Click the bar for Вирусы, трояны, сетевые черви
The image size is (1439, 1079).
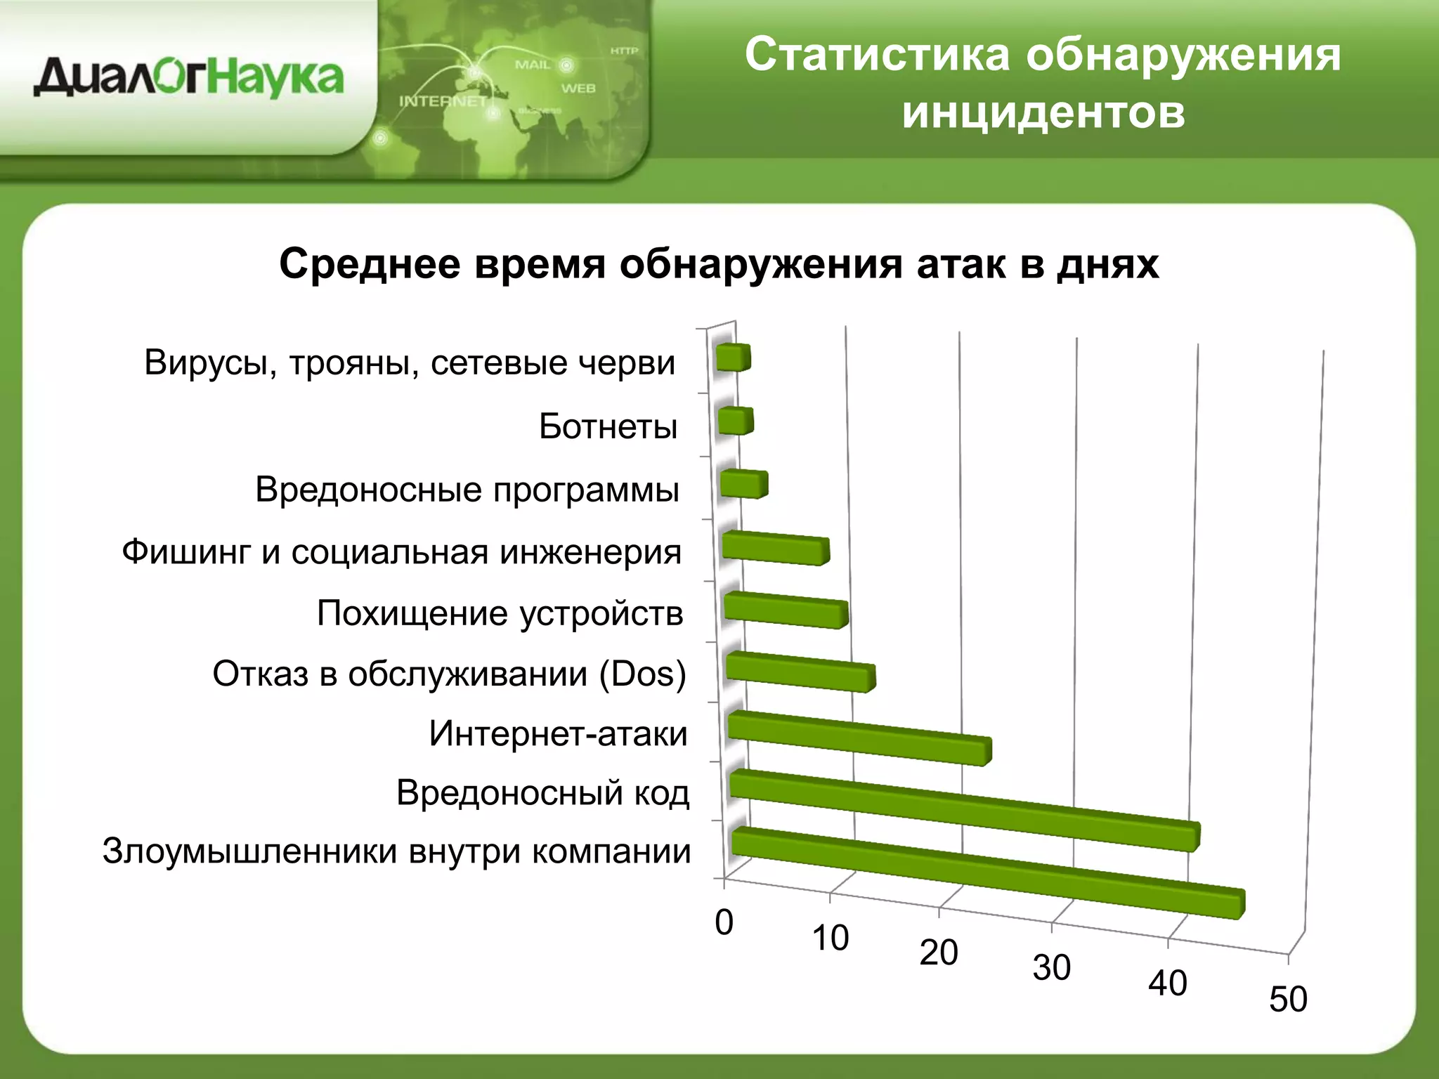point(732,358)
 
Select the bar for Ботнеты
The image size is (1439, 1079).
point(735,421)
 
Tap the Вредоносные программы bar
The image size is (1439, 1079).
point(743,485)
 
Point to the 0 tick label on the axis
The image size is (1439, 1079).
point(724,922)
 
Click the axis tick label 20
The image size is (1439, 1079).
point(938,953)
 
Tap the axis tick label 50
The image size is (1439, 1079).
point(1287,999)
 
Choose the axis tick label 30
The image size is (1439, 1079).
point(1051,968)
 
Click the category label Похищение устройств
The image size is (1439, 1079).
point(500,613)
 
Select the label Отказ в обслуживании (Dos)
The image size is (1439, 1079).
point(449,674)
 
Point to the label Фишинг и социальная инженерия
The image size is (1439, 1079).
point(401,552)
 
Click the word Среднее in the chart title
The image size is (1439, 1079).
point(370,265)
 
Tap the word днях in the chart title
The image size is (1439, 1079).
point(1108,265)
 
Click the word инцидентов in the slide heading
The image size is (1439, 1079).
point(1043,112)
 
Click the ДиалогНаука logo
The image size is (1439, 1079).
point(188,77)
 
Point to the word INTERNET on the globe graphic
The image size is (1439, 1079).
point(443,101)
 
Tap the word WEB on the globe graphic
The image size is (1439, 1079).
point(578,89)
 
